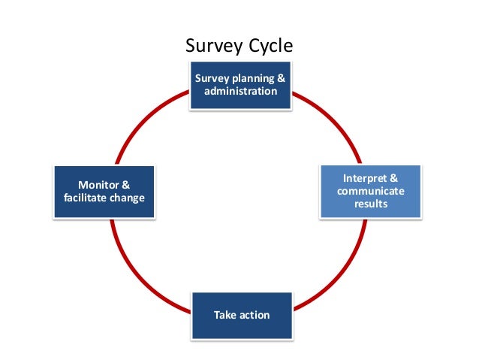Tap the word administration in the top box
tap(240, 92)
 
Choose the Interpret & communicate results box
tap(371, 191)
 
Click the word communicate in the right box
tap(371, 191)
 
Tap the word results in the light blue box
tap(371, 204)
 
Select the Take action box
tap(240, 314)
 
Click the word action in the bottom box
tap(253, 314)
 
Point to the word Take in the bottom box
tap(224, 314)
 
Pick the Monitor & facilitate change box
tap(104, 192)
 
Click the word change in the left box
tap(127, 198)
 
